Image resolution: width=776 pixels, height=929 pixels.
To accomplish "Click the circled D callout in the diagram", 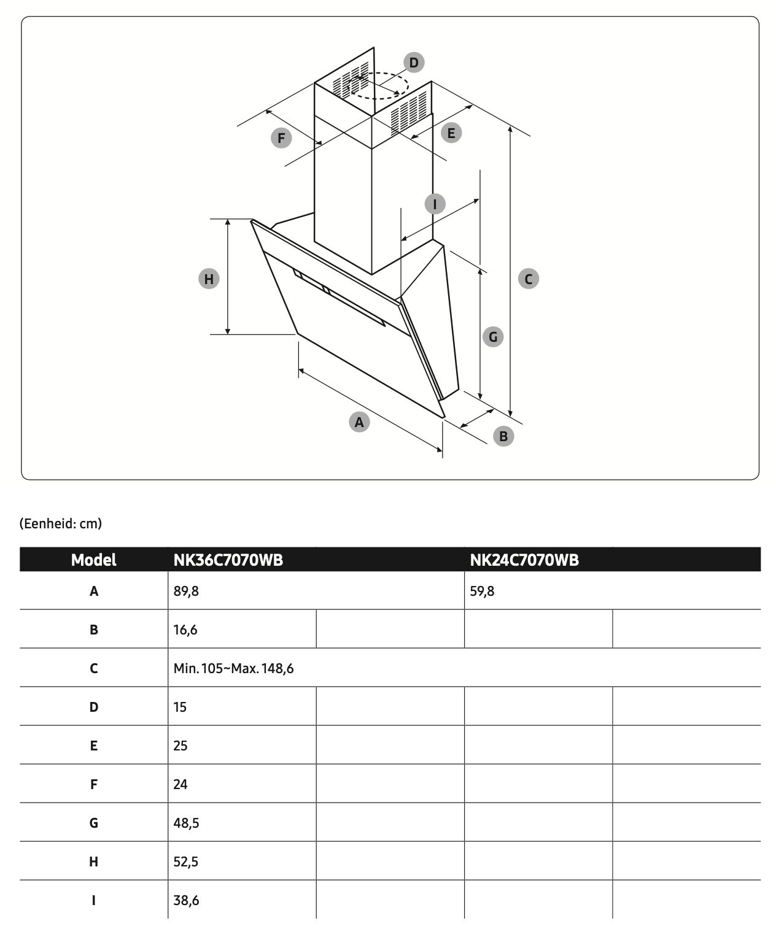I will click(x=414, y=63).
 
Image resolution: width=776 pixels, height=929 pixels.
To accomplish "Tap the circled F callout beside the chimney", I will click(x=281, y=138).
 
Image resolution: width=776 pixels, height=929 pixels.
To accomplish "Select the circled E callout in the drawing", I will click(x=451, y=133).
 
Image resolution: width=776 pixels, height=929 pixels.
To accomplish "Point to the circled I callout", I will click(x=435, y=204).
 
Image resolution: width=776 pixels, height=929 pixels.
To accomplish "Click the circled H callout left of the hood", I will click(x=209, y=279).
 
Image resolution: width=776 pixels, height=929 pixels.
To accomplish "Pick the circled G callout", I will click(x=493, y=336).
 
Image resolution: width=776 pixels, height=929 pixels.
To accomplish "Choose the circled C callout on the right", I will click(x=529, y=279).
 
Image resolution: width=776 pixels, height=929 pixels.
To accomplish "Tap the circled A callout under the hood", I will click(x=359, y=422).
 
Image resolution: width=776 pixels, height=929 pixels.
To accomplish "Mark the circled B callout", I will click(x=503, y=436).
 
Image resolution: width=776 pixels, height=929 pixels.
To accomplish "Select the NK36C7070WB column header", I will click(x=228, y=560).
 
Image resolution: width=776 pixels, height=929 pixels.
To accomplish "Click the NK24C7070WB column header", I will click(x=524, y=560).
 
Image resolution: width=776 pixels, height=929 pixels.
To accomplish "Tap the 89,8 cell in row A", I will click(x=186, y=591).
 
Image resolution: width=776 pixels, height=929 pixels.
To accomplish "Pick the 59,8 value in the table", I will click(x=482, y=591).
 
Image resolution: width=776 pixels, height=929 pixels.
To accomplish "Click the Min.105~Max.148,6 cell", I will click(x=233, y=668).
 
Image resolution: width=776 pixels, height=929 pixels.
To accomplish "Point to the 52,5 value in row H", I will click(x=186, y=862).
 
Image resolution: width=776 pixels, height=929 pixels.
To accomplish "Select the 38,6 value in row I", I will click(x=186, y=900).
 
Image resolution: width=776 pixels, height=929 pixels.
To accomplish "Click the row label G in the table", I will click(x=93, y=823).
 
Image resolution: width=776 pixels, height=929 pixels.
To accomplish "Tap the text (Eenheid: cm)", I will click(x=61, y=523).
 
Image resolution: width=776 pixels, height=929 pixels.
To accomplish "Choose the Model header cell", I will click(x=93, y=560).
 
